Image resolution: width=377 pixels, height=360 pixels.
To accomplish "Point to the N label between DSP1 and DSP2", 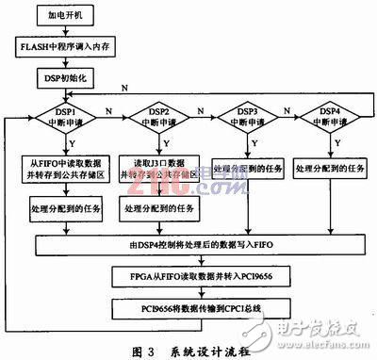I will (x=110, y=111).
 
